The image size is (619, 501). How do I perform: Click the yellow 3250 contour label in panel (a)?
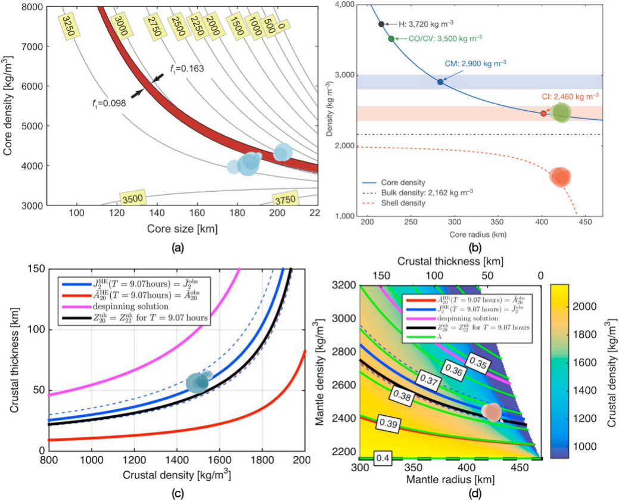[x=67, y=26]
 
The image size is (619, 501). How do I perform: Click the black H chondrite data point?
[x=381, y=24]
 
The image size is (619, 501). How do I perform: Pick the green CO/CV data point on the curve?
[x=391, y=39]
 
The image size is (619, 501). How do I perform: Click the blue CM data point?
[x=440, y=82]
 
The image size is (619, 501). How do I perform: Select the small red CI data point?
[x=543, y=113]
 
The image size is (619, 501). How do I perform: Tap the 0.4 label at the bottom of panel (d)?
[x=382, y=458]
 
